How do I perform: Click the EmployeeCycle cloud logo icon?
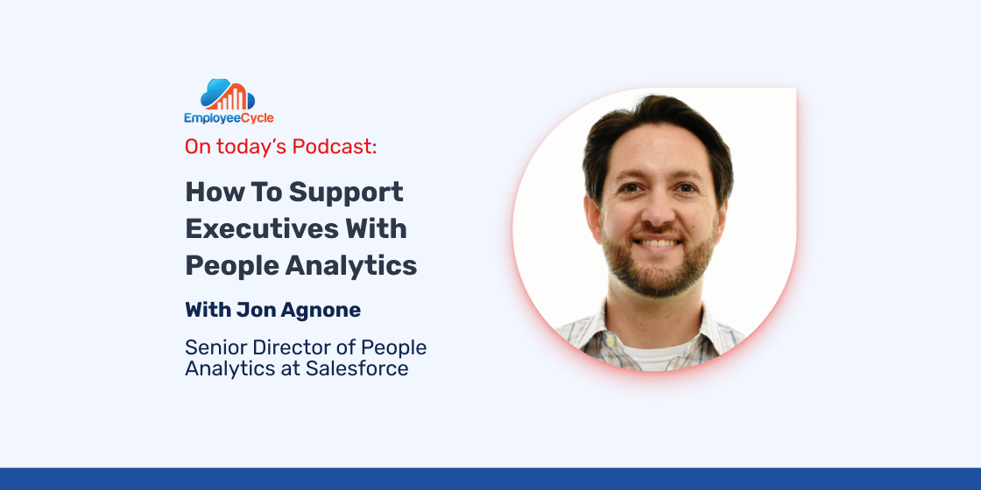pos(228,95)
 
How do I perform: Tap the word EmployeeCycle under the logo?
pos(229,118)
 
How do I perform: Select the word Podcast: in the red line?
pos(335,146)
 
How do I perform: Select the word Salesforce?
pos(356,368)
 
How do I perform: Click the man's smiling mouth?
pos(658,242)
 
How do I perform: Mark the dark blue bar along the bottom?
pos(490,479)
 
